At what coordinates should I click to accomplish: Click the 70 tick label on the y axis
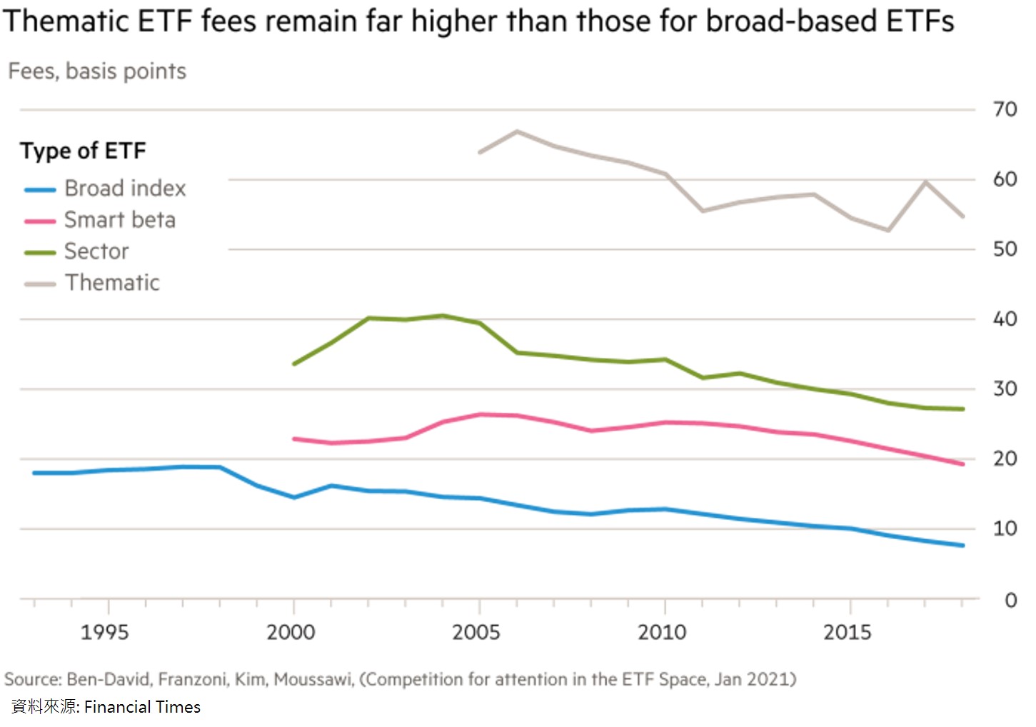click(1005, 109)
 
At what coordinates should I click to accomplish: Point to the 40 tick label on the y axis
click(1005, 319)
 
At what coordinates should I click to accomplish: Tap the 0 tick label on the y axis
click(1010, 600)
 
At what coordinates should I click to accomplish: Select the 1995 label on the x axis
click(105, 632)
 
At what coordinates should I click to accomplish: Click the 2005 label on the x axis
click(476, 632)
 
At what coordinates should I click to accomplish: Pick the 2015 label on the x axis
click(848, 632)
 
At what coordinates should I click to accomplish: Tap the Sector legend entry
click(96, 251)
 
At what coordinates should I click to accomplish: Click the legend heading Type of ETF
click(83, 151)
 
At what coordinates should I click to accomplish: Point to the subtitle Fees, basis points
click(97, 71)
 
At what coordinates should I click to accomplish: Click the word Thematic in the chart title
click(66, 21)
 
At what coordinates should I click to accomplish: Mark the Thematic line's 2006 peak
click(517, 131)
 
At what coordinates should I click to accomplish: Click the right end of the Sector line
click(963, 409)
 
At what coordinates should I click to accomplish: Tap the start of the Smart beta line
click(294, 438)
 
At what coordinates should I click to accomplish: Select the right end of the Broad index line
click(963, 546)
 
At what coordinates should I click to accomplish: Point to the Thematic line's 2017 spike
click(926, 181)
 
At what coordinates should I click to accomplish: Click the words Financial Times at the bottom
click(142, 707)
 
